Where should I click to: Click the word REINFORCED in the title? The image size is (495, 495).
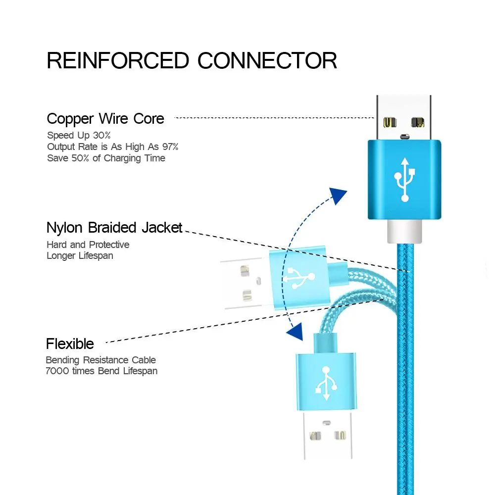[118, 60]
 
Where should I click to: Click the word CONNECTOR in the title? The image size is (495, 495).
[267, 60]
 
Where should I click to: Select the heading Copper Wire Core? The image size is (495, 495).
[105, 119]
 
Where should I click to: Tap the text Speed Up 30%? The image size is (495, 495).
[79, 135]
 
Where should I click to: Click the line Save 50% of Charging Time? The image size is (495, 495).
[106, 158]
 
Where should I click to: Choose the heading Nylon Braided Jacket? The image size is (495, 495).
[114, 228]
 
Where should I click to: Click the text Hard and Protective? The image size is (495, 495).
[88, 245]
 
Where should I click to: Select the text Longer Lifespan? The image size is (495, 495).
[80, 256]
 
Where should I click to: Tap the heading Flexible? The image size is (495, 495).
[70, 344]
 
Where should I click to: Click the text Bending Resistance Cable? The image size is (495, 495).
[100, 360]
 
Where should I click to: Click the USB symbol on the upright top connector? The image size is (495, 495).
[404, 179]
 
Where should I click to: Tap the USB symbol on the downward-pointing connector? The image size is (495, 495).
[325, 383]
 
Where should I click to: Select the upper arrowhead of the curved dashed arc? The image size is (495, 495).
[339, 196]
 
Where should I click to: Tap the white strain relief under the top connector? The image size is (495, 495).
[404, 231]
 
